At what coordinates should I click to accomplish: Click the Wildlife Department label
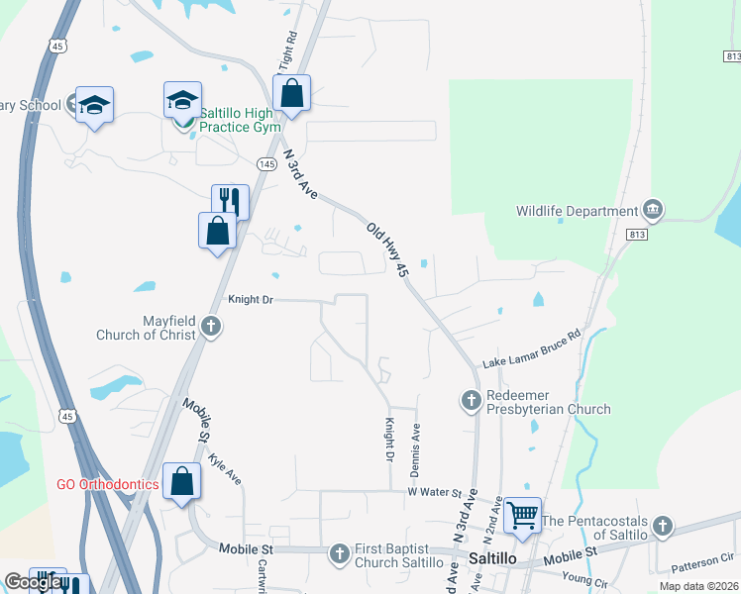coord(577,211)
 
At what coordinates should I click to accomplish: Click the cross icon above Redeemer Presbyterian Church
coord(471,400)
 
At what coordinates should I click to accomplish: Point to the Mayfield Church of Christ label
coord(144,328)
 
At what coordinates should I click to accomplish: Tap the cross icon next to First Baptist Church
coord(340,553)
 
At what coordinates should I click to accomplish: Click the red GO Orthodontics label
coord(107,484)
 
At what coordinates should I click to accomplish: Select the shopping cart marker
coord(522,513)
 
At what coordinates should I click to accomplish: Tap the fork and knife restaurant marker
coord(229,201)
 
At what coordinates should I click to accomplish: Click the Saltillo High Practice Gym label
coord(241,120)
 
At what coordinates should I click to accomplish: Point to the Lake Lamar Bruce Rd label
coord(530,350)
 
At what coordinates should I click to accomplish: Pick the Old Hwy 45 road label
coord(387,248)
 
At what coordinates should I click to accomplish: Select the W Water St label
coord(434,491)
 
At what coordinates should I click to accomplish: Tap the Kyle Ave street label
coord(226,469)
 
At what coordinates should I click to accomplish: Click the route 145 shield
coord(265,163)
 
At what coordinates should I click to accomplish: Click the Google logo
coord(34,581)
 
